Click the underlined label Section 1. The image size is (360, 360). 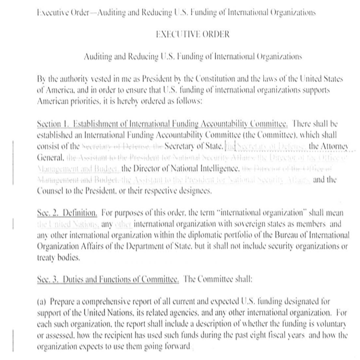pos(53,123)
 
